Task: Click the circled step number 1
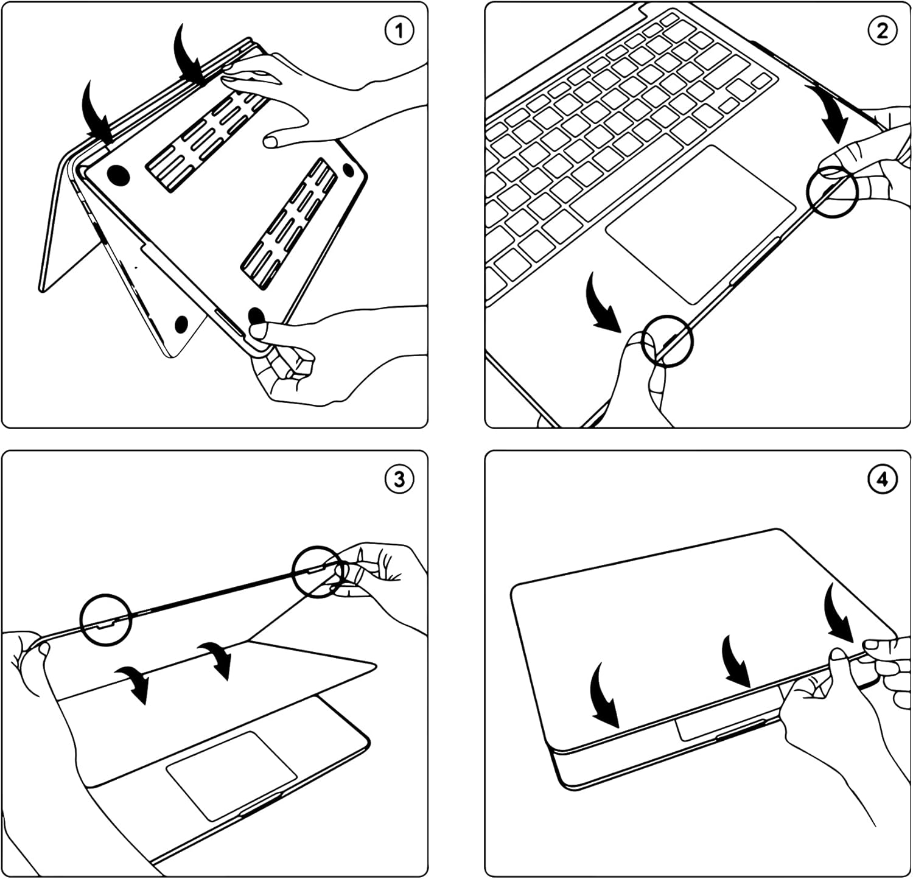click(399, 31)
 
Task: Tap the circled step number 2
click(883, 31)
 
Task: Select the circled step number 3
click(399, 480)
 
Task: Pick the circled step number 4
click(883, 480)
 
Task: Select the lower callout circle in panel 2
click(668, 341)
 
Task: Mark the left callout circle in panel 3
click(106, 618)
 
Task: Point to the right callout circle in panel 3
click(317, 572)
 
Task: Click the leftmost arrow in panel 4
click(605, 694)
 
